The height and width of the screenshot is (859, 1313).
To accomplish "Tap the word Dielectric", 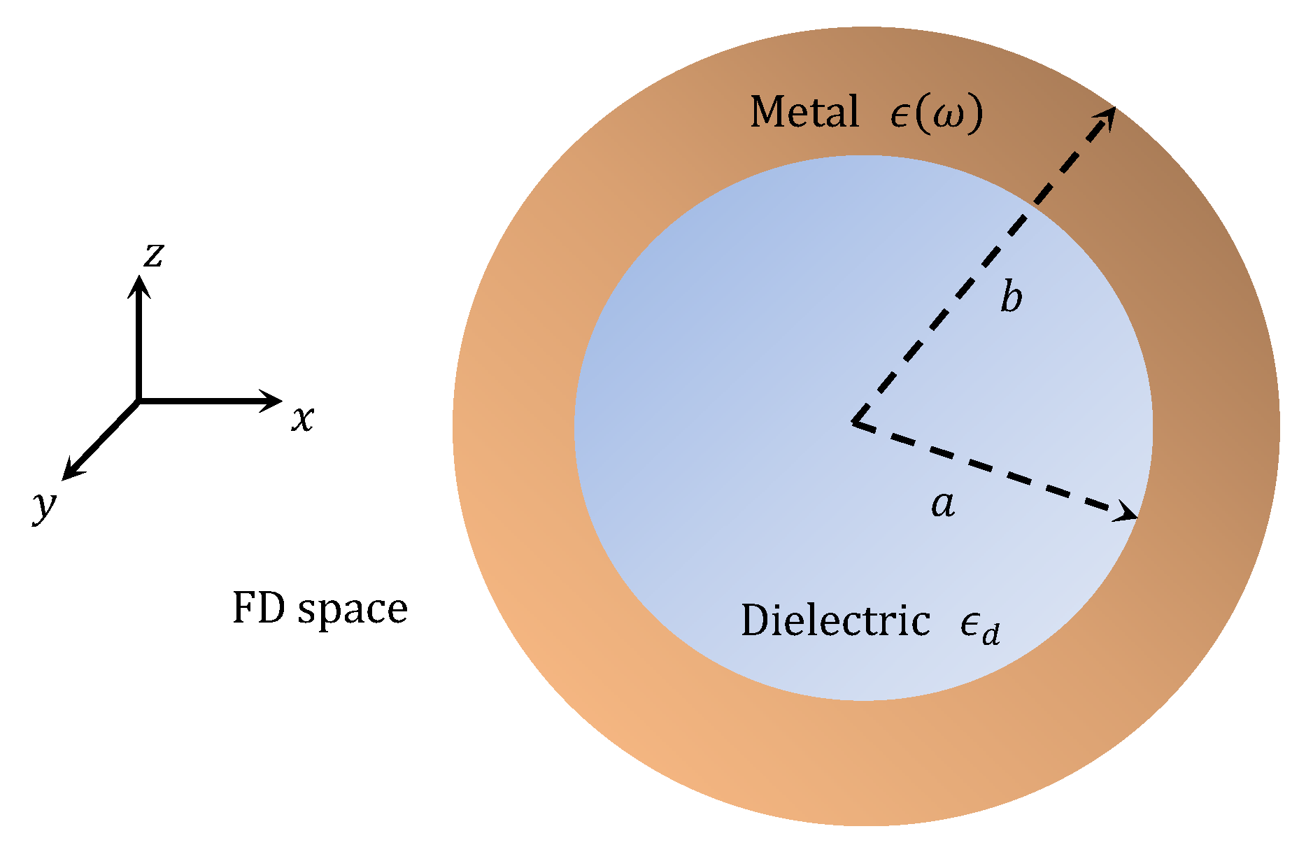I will pos(835,620).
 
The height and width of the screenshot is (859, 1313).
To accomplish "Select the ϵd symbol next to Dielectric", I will pos(979,625).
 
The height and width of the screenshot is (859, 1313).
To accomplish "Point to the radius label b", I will pos(1011,297).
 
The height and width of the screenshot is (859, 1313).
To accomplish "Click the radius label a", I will pos(943,503).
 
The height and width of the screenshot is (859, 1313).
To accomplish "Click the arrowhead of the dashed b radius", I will pos(1107,116).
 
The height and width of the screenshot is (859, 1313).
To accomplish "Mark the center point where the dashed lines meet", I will pos(854,422).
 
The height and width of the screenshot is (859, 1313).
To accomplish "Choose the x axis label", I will pos(303,419).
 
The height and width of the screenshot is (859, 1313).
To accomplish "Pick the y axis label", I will pos(44,505).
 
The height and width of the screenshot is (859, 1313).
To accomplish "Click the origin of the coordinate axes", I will pos(139,401).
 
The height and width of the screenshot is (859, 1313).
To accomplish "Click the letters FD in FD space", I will pos(258,608).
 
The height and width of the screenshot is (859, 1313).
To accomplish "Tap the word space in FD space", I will pos(353,610).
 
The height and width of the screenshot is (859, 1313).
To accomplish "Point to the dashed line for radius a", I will pos(993,469).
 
